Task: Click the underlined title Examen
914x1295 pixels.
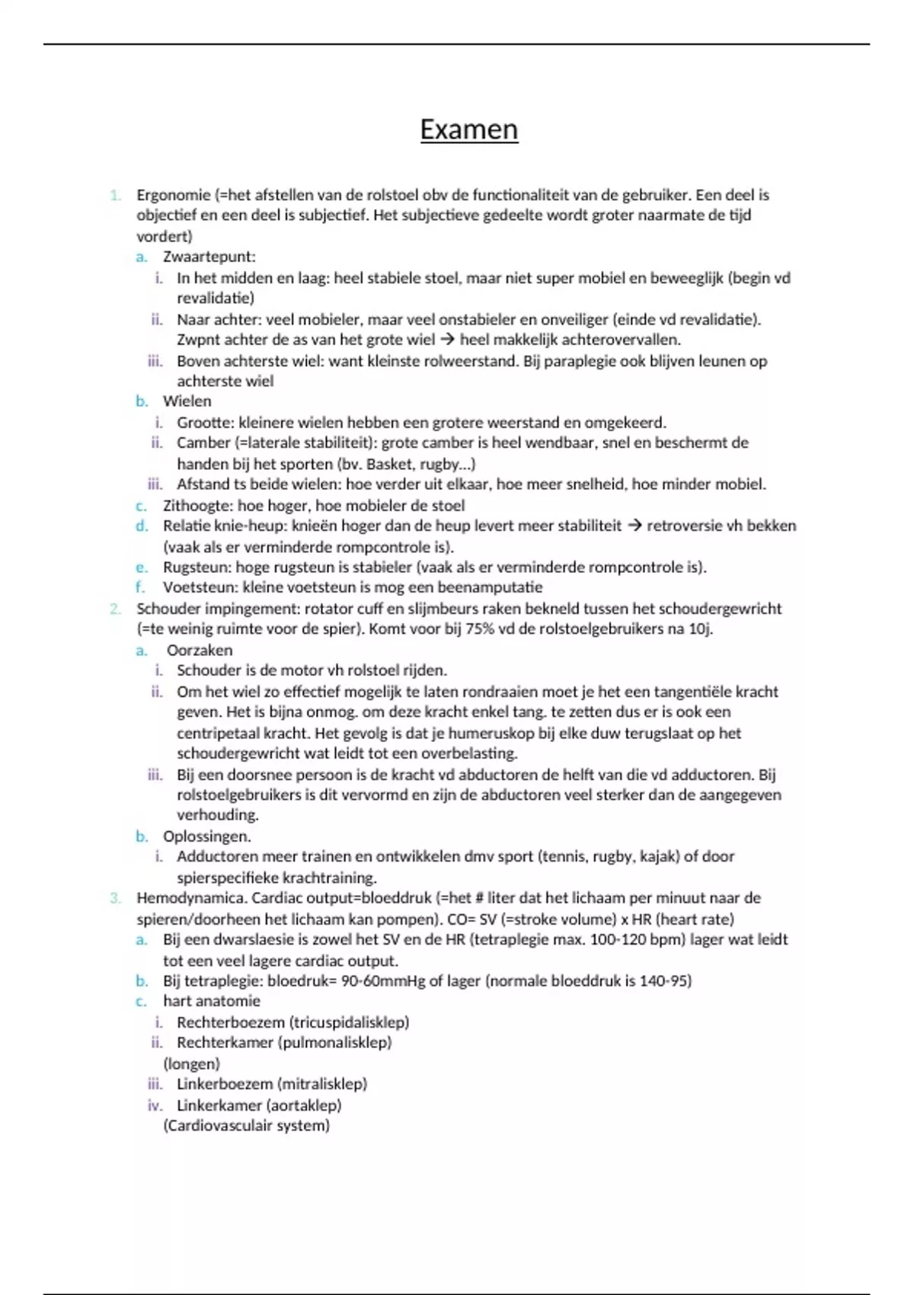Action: (468, 129)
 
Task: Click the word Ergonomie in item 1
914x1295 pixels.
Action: (173, 195)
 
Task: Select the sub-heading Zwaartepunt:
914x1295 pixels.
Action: (209, 257)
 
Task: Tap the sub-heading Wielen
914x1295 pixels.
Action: (187, 401)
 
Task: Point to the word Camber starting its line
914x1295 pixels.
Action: (203, 443)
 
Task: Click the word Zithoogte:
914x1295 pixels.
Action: (198, 506)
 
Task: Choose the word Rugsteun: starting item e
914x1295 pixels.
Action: (197, 568)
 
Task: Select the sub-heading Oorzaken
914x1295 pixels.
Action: (200, 651)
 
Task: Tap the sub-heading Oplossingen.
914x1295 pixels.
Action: (206, 836)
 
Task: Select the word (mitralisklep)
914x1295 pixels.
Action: (321, 1084)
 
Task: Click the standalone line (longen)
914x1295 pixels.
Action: (191, 1064)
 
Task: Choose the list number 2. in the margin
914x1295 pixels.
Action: (115, 609)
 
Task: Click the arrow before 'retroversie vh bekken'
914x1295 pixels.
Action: (634, 526)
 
